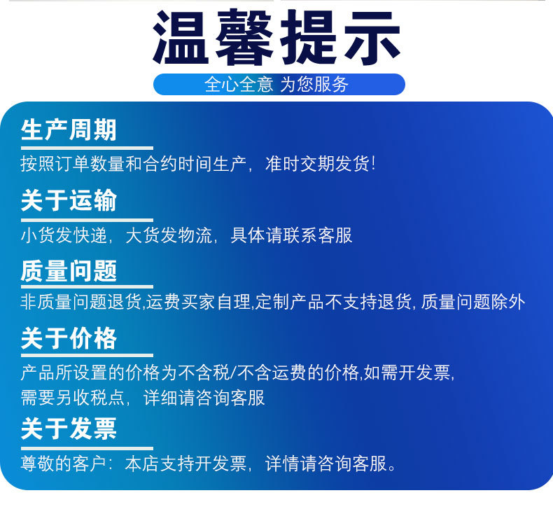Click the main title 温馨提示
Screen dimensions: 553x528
277,37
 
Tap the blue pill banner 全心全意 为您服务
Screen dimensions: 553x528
279,84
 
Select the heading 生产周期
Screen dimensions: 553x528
69,130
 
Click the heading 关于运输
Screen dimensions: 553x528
69,200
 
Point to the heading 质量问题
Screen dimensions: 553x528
69,270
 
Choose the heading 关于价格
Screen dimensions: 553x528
69,338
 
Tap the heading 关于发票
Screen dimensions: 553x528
69,429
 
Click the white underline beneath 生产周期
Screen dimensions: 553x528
87,148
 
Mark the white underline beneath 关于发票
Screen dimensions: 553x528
87,449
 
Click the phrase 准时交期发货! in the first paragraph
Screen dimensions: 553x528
320,164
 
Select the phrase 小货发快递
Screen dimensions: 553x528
64,235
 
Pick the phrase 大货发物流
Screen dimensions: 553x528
169,235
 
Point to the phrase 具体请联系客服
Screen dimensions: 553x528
291,235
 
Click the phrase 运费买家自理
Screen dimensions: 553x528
199,303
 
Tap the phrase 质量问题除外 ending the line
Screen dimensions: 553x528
473,303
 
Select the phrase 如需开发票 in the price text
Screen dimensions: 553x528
407,373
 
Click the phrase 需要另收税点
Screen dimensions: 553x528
73,398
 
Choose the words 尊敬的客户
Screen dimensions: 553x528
64,464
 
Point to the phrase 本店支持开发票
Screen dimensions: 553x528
185,464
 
